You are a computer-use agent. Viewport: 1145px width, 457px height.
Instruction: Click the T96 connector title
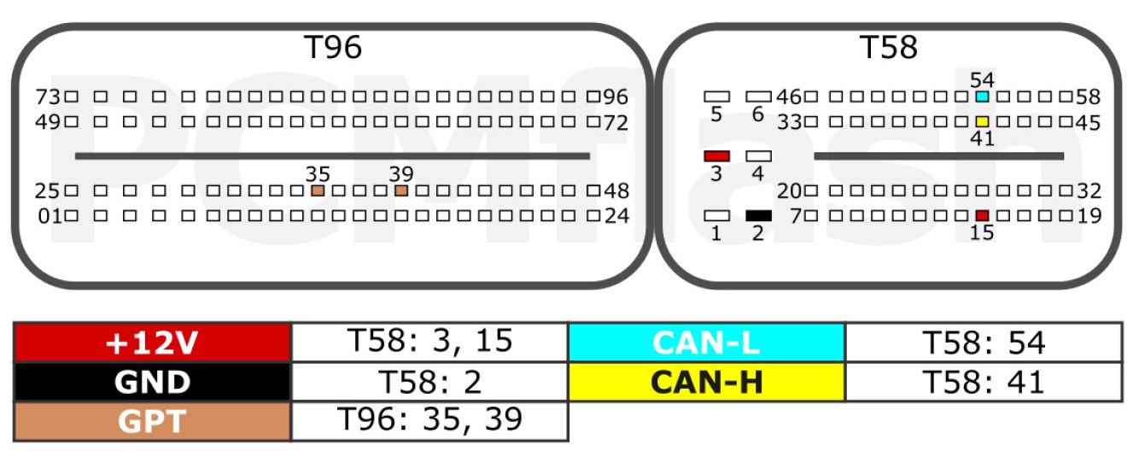click(x=333, y=48)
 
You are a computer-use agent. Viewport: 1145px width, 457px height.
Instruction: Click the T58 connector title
click(x=888, y=48)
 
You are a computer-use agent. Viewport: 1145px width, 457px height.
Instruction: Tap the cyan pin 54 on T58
click(x=982, y=97)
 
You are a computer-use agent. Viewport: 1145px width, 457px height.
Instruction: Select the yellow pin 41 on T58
click(x=982, y=121)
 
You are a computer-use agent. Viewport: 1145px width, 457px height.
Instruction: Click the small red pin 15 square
click(x=982, y=216)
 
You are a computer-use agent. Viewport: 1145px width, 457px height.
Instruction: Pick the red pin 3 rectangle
click(x=716, y=156)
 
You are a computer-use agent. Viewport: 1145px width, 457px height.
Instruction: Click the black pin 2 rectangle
click(x=758, y=216)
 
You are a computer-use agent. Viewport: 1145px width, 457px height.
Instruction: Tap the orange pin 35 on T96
click(x=318, y=190)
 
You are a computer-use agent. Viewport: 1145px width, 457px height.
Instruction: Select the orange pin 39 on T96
click(x=401, y=190)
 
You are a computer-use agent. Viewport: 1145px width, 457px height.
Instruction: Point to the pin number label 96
click(x=616, y=97)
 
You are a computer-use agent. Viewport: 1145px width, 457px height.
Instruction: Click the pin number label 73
click(x=48, y=97)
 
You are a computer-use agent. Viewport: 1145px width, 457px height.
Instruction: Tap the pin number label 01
click(x=50, y=216)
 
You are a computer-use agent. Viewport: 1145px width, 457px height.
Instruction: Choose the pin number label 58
click(x=1089, y=97)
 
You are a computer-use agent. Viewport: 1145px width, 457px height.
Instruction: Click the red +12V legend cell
click(x=152, y=342)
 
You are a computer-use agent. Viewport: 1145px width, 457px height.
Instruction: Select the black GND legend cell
click(x=152, y=382)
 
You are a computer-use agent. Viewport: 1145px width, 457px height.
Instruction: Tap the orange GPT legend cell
click(x=152, y=421)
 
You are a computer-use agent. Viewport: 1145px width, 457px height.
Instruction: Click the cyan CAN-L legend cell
click(x=706, y=342)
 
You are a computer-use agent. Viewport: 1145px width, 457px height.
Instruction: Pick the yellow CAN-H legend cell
click(x=706, y=382)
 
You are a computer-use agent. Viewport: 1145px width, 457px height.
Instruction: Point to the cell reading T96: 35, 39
click(x=429, y=421)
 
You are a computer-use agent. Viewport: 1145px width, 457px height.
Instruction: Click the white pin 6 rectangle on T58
click(x=758, y=97)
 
